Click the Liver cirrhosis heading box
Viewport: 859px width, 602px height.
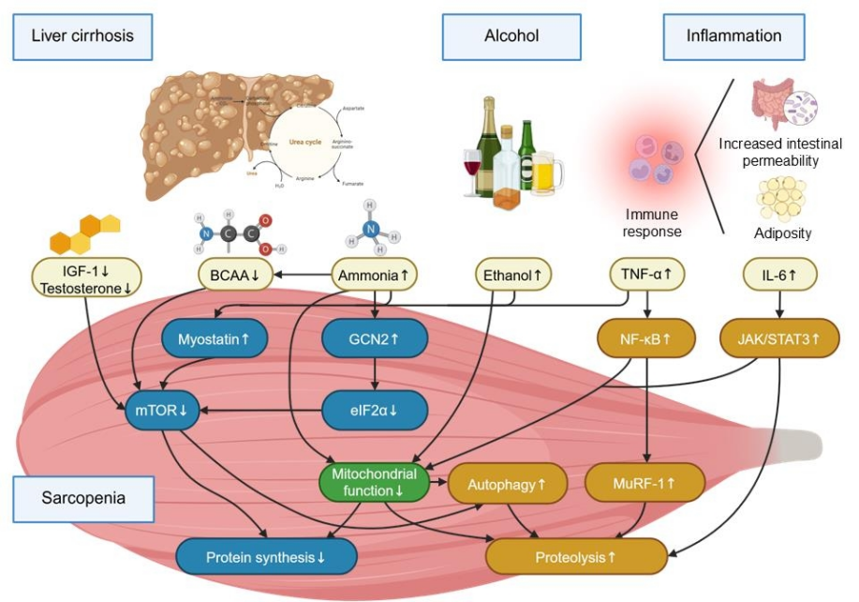click(x=82, y=36)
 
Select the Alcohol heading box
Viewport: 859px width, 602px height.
click(x=511, y=36)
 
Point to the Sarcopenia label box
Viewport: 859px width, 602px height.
click(x=82, y=497)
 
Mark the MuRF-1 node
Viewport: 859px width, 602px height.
click(x=644, y=484)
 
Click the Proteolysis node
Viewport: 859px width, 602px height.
click(x=575, y=556)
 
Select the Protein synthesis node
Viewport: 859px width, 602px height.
click(x=266, y=556)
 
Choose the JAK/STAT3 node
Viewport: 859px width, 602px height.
click(x=780, y=338)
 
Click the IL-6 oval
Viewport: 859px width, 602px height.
click(x=780, y=275)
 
